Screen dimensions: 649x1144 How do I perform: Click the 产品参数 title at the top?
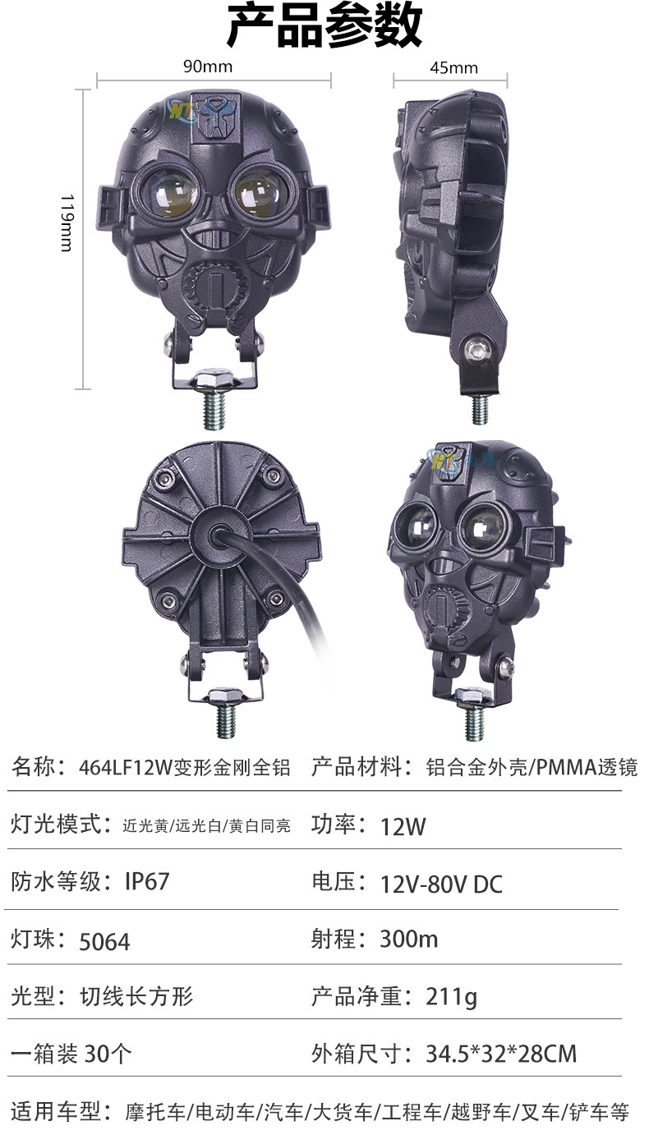tap(324, 25)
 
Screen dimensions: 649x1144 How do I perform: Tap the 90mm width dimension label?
tap(208, 67)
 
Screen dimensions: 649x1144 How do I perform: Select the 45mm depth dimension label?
tap(453, 68)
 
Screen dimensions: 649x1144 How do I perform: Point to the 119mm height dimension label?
tap(67, 223)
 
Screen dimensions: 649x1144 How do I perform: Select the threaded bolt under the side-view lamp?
tap(479, 409)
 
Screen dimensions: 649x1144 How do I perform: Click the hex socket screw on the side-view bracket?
tap(479, 350)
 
